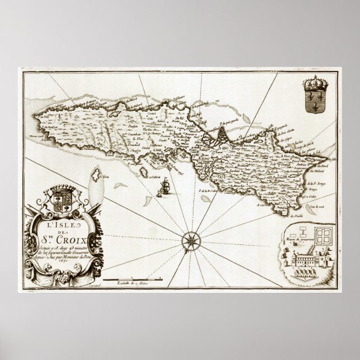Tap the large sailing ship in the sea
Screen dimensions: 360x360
(165, 185)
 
